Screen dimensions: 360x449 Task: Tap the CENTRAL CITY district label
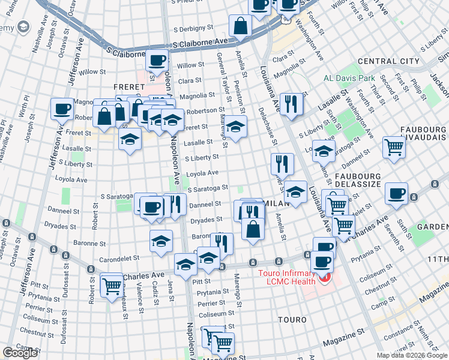[x=388, y=61]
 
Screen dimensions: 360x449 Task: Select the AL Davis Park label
[x=349, y=79]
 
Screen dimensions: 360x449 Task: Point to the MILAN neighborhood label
[x=276, y=203]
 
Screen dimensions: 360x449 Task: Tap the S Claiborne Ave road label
[x=200, y=44]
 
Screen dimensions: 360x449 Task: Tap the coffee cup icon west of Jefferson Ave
[x=62, y=109]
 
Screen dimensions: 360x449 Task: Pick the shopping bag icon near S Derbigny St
[x=240, y=26]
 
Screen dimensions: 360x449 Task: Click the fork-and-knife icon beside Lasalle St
[x=291, y=103]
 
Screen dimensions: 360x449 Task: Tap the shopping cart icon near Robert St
[x=112, y=284]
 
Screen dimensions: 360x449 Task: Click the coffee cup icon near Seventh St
[x=396, y=194]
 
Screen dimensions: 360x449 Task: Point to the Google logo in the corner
[x=20, y=353]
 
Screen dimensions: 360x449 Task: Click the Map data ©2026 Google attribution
[x=412, y=355]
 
